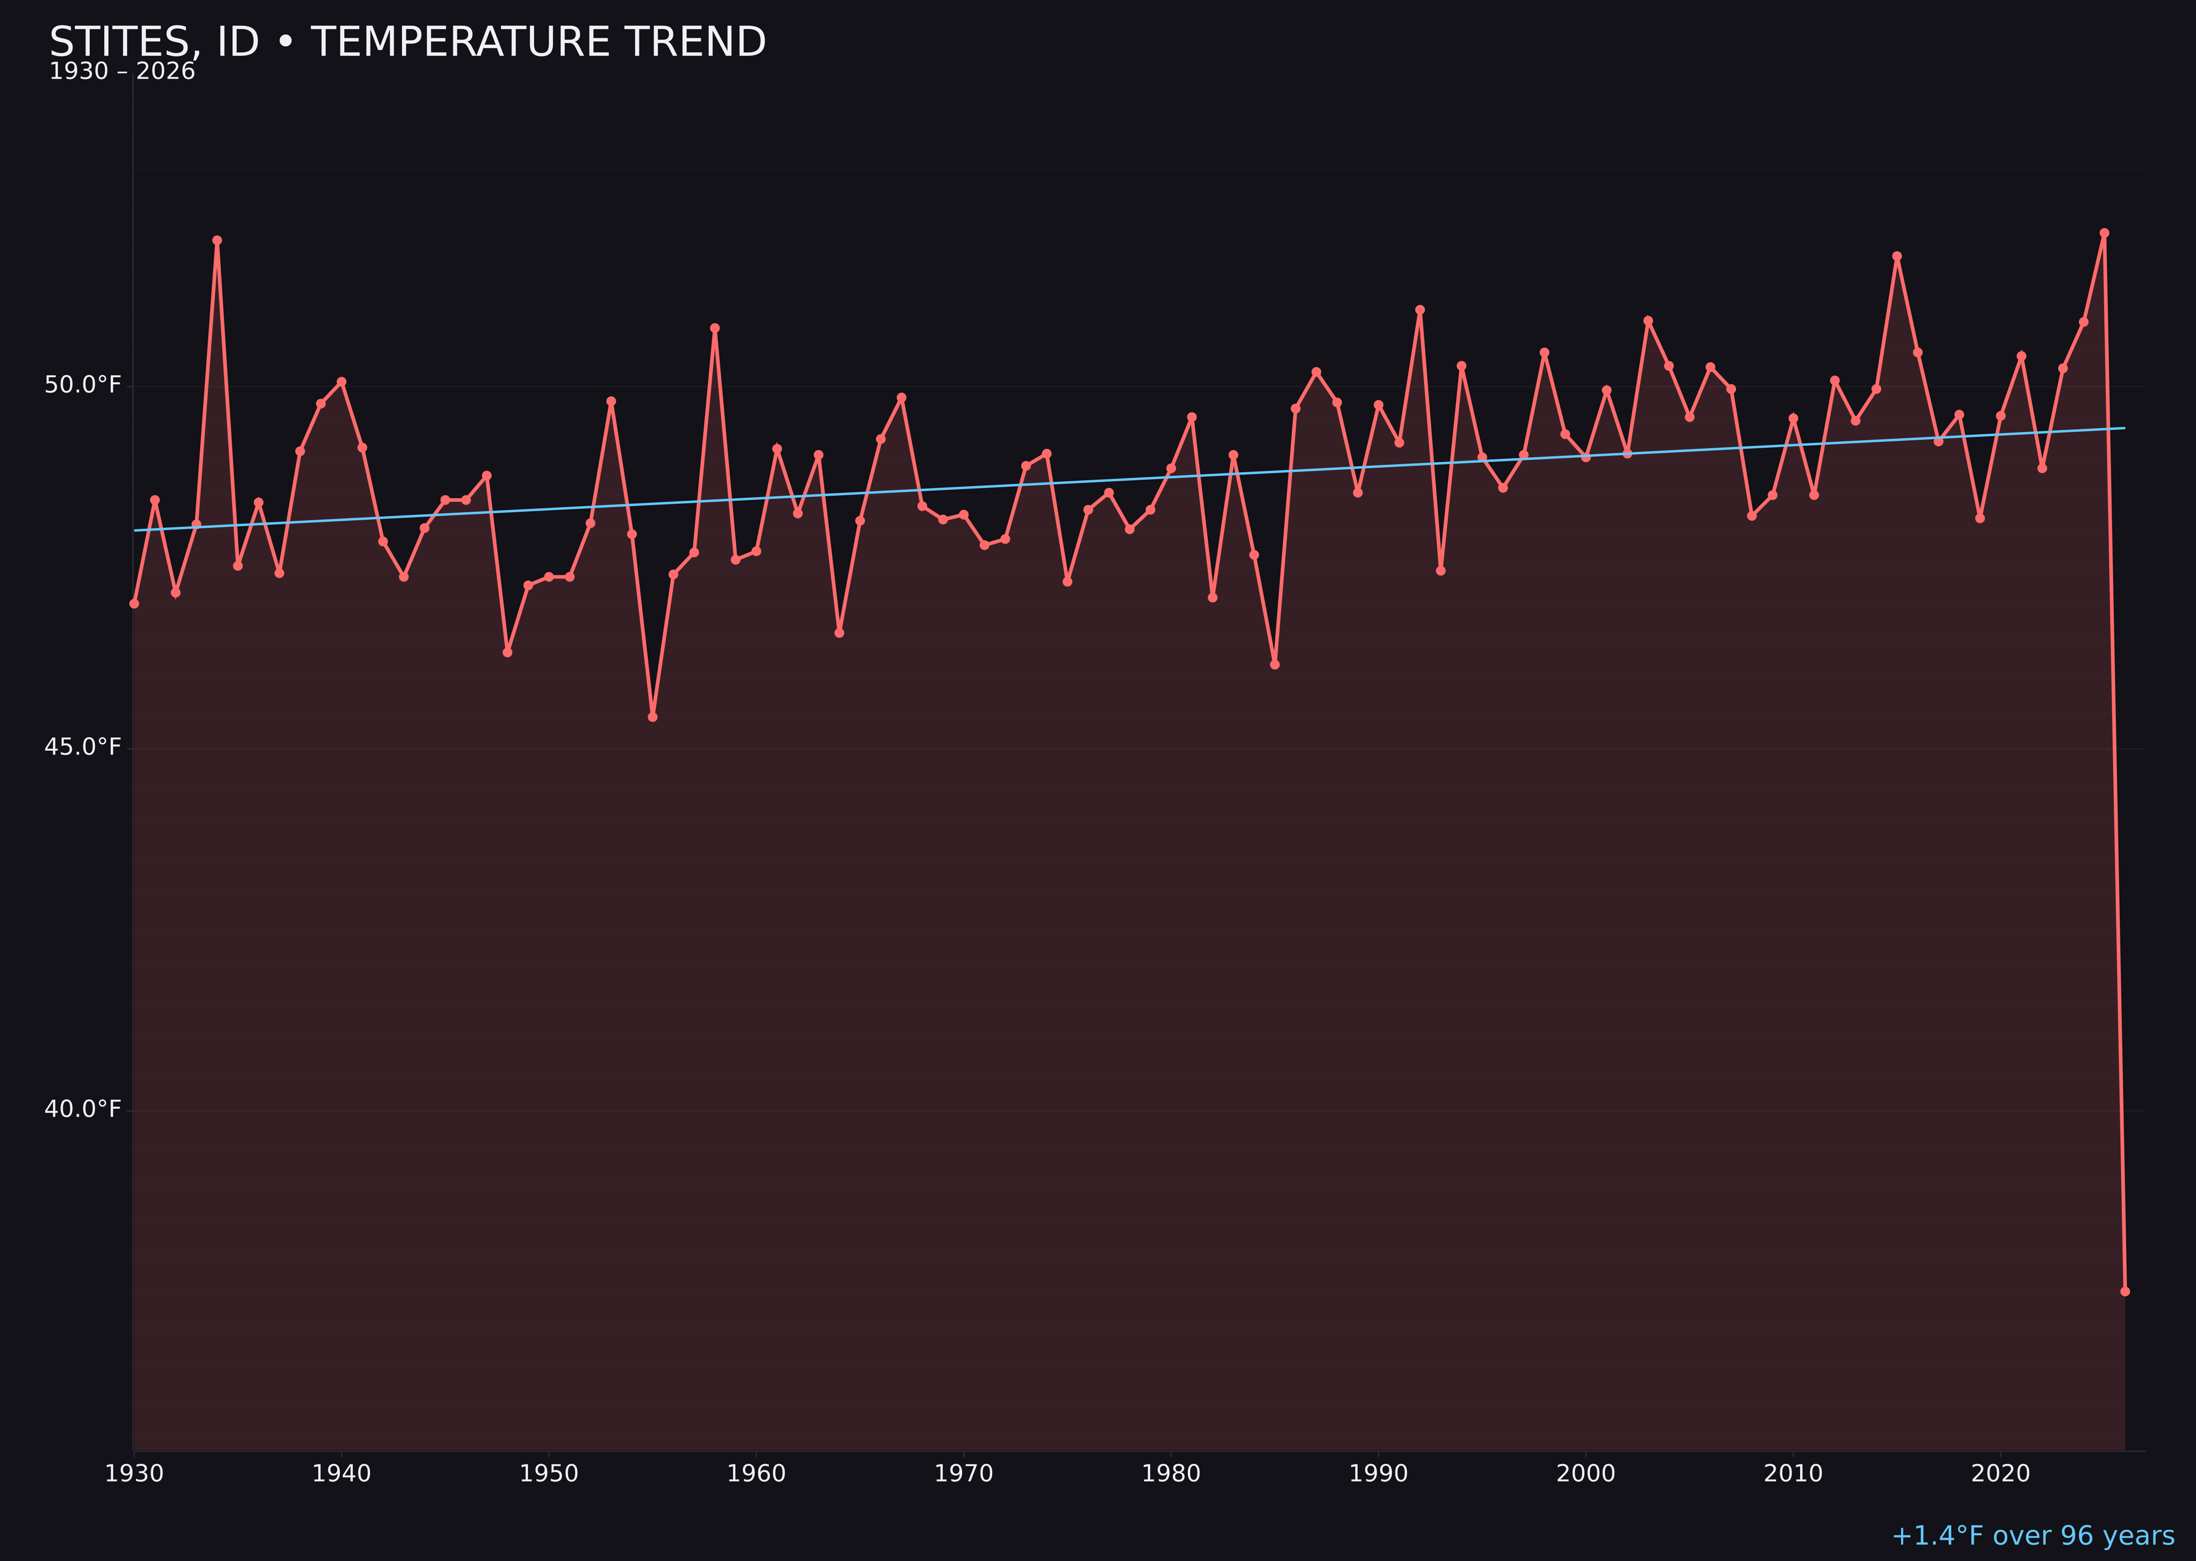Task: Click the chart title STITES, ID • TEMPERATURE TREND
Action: point(408,42)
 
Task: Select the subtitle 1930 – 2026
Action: point(122,72)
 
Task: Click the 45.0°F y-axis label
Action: point(83,748)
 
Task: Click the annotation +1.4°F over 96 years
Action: point(2032,1536)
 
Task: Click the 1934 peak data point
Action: point(217,240)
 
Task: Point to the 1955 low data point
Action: point(653,717)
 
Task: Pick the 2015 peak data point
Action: point(1897,257)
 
